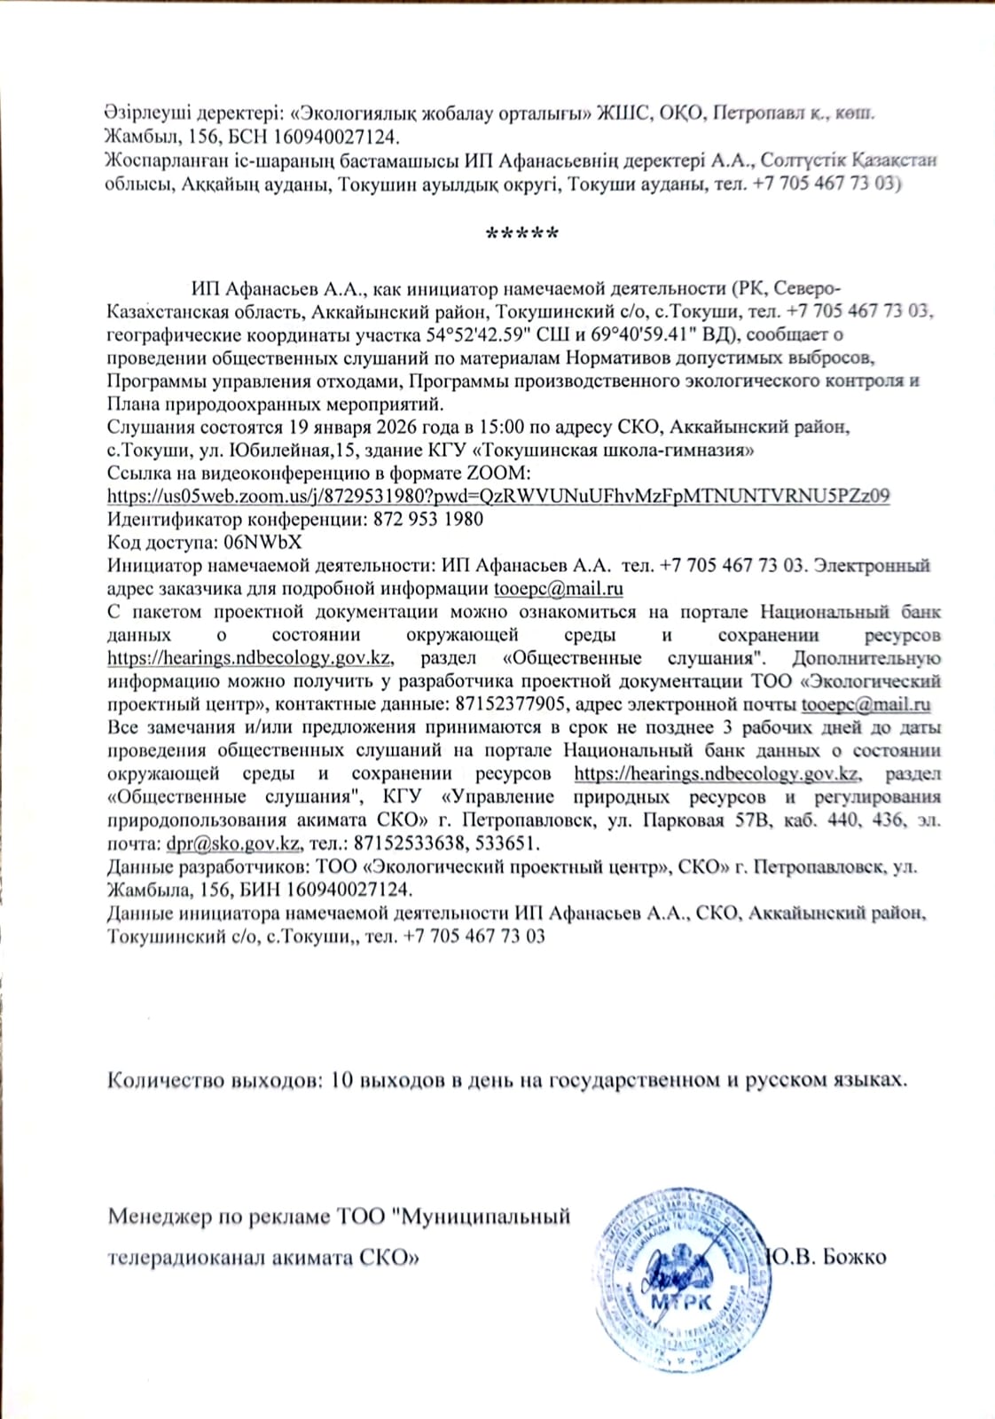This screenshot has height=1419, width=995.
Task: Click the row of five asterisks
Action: coord(522,234)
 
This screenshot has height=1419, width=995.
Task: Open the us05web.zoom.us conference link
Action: coord(498,496)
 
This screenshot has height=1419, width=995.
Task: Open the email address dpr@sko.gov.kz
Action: coord(233,843)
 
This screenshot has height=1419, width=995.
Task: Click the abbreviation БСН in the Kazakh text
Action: coord(252,137)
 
